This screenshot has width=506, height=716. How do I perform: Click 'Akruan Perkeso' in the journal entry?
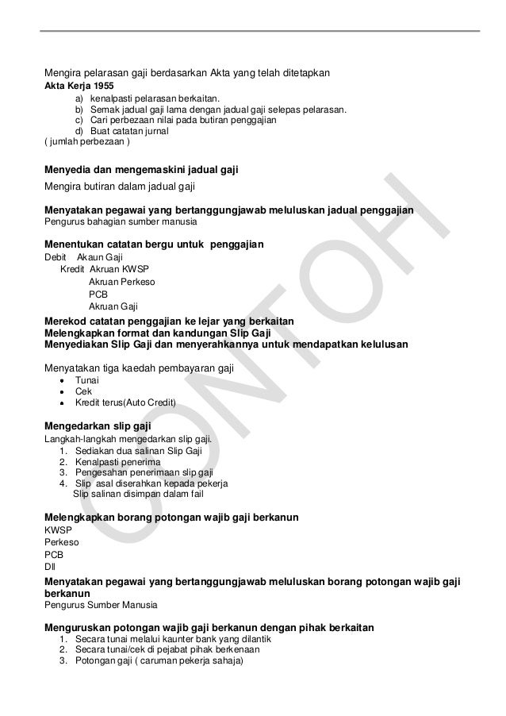click(122, 281)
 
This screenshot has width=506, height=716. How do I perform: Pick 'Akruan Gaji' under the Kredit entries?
click(113, 306)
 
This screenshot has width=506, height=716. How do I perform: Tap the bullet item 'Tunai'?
click(87, 379)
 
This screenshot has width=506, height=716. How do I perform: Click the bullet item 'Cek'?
click(83, 391)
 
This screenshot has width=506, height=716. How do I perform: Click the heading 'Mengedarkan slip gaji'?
click(98, 426)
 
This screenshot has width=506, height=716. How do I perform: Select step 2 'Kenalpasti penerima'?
click(117, 462)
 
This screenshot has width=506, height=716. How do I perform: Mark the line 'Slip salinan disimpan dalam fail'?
click(138, 494)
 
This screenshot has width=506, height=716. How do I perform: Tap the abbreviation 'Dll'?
click(50, 567)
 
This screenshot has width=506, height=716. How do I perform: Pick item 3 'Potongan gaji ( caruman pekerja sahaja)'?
click(160, 661)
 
